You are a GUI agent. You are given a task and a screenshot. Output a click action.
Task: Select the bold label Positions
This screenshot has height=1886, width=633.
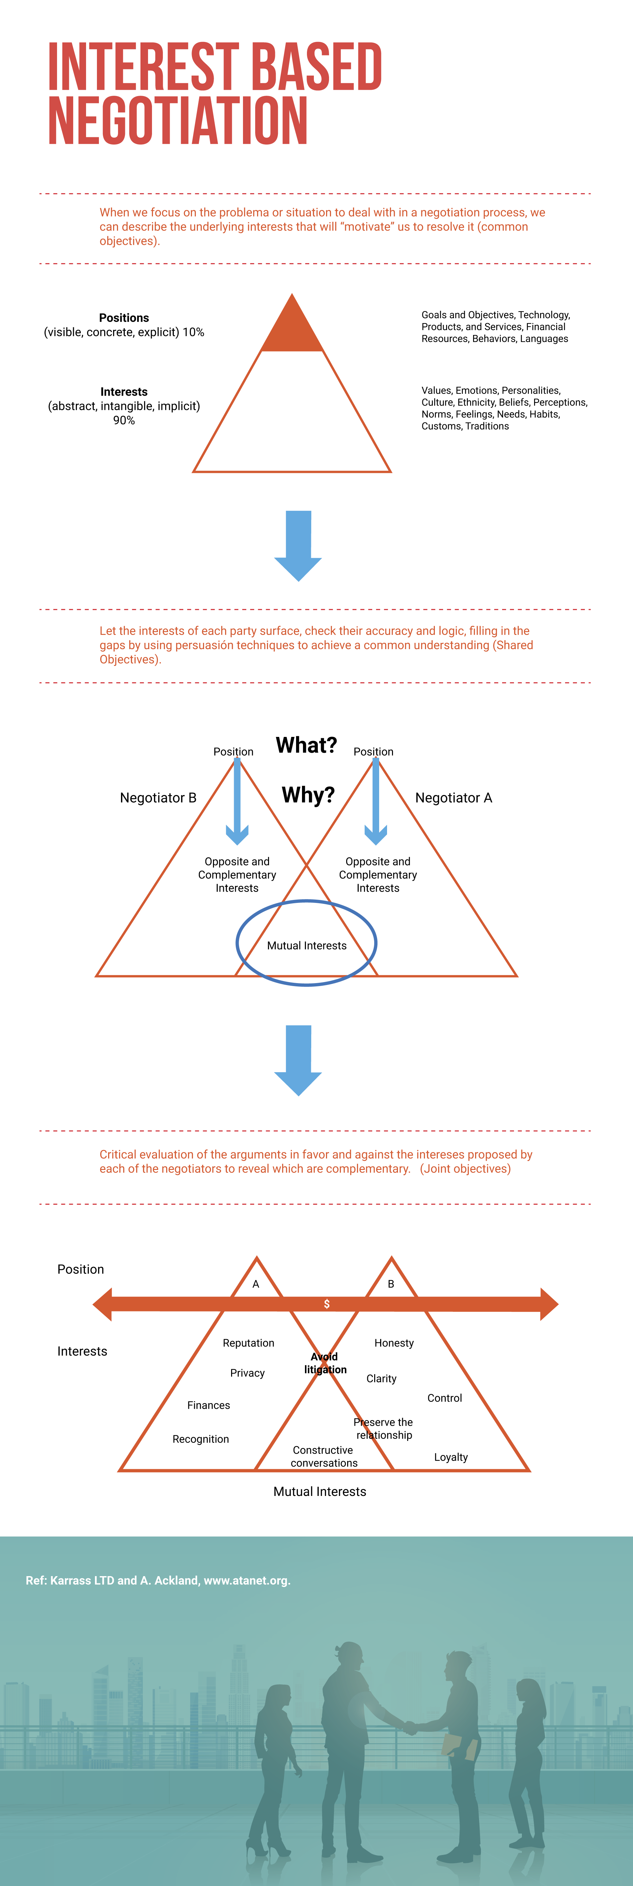coord(124,318)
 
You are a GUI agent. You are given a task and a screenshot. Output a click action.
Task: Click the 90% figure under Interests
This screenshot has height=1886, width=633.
coord(124,420)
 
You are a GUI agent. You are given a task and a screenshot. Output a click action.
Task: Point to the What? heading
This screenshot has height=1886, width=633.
coord(306,745)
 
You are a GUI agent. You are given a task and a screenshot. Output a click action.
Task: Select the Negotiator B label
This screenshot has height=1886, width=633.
coord(158,798)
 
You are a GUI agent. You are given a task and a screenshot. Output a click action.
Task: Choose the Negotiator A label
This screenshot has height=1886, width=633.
coord(454,798)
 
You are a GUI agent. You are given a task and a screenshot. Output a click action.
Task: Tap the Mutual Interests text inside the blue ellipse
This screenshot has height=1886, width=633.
coord(307,946)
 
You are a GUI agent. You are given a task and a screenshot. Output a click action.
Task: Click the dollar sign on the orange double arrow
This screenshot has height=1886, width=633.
coord(326,1304)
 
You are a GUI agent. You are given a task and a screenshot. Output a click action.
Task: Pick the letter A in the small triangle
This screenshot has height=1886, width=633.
coord(256,1284)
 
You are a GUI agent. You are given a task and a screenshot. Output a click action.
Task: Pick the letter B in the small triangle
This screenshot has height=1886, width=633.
coord(391,1284)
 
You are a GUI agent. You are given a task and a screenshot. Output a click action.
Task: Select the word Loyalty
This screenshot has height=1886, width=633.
coord(451,1457)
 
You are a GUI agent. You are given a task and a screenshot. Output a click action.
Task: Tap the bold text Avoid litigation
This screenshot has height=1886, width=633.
coord(325,1363)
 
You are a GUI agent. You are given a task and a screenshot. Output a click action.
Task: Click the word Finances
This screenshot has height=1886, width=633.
coord(209,1405)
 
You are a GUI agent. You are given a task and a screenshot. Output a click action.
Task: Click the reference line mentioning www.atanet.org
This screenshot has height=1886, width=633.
coord(158,1581)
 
